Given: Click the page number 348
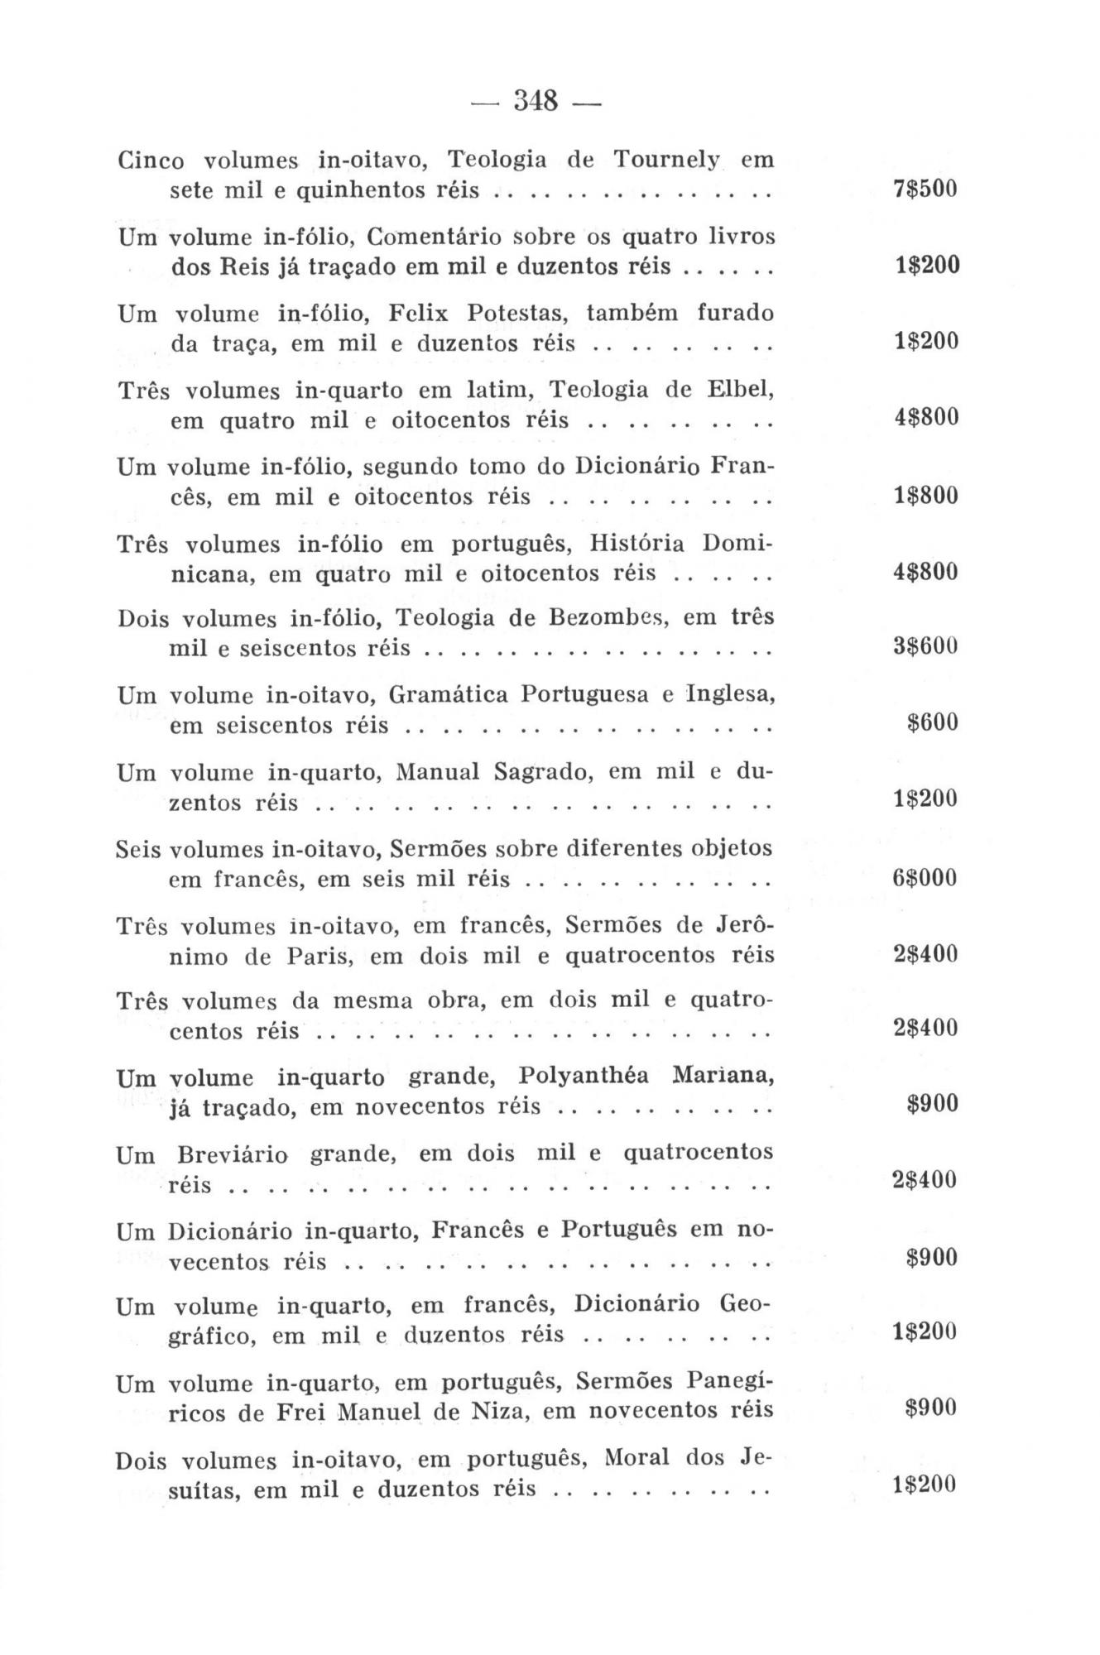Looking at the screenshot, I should [537, 102].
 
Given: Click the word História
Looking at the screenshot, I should [637, 544].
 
